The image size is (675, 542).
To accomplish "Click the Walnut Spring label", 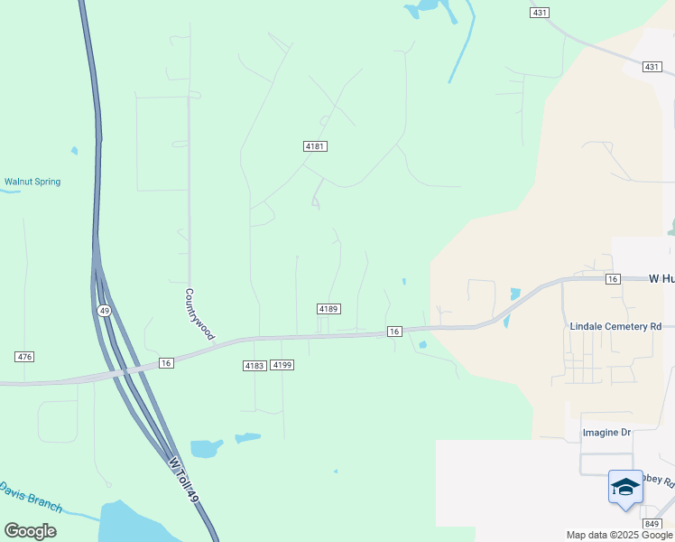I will coord(32,182).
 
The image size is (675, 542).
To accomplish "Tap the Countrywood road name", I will coord(199,314).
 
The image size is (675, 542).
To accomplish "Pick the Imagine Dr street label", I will coord(606,433).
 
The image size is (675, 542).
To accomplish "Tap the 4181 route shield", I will coord(314,146).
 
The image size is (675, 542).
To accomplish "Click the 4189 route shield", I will coord(328,309).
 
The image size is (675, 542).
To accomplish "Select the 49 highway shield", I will coord(106,311).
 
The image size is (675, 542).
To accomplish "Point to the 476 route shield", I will coord(24,357).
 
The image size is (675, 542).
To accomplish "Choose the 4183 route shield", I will coord(254,365).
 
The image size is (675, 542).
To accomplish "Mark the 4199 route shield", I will coord(282,365).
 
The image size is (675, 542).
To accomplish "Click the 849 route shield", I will coord(652,524).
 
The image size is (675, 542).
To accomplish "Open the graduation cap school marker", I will coord(625,488).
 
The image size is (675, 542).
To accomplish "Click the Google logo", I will coord(30,531).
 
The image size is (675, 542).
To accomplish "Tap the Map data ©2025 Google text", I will coord(618,535).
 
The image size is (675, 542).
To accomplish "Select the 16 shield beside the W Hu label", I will coord(613,279).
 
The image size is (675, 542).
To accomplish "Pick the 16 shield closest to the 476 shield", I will coord(165,362).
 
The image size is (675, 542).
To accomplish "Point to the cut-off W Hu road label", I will coord(661,279).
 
